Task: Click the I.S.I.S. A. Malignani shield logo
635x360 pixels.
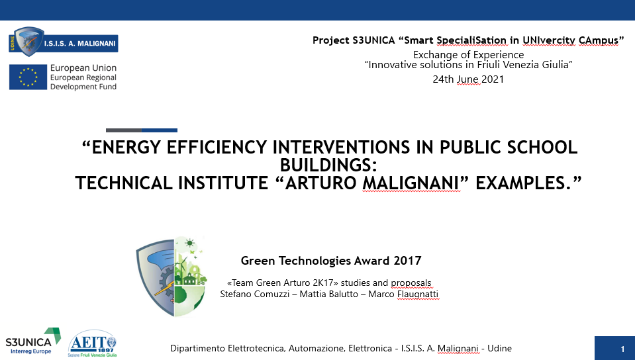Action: pyautogui.click(x=64, y=42)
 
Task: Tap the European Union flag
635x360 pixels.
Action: pyautogui.click(x=28, y=77)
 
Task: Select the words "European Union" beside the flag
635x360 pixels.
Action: pyautogui.click(x=83, y=67)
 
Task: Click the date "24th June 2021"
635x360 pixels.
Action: pyautogui.click(x=468, y=79)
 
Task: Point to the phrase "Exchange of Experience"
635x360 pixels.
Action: pyautogui.click(x=469, y=55)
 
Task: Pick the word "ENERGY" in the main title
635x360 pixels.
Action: pyautogui.click(x=126, y=148)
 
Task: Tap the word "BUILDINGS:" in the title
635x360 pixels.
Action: pyautogui.click(x=328, y=165)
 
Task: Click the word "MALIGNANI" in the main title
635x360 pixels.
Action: pyautogui.click(x=411, y=183)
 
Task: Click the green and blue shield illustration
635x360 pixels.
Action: pyautogui.click(x=171, y=277)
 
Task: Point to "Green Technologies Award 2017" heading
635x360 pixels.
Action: pyautogui.click(x=331, y=260)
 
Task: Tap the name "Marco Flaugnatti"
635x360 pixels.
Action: pyautogui.click(x=403, y=294)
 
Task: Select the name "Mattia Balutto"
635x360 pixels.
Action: pyautogui.click(x=329, y=294)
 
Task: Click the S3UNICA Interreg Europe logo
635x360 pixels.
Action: pyautogui.click(x=33, y=341)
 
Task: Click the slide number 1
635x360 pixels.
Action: pyautogui.click(x=623, y=349)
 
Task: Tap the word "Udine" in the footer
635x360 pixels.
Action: pyautogui.click(x=499, y=348)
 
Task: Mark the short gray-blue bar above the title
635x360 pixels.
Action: pyautogui.click(x=142, y=130)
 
